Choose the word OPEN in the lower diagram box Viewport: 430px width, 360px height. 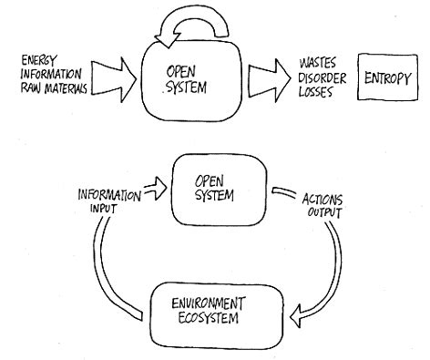pyautogui.click(x=210, y=181)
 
